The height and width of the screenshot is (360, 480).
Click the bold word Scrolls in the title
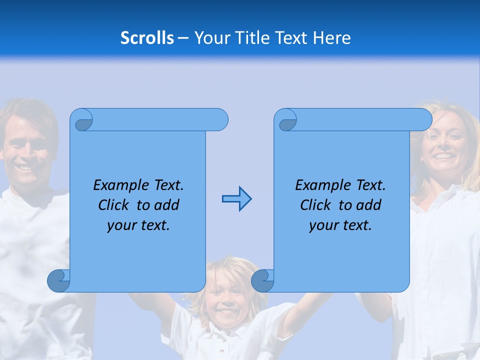click(x=147, y=38)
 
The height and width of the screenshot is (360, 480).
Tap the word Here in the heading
click(x=331, y=38)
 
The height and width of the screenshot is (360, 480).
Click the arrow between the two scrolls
click(x=236, y=198)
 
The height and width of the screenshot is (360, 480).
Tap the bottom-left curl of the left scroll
click(x=59, y=281)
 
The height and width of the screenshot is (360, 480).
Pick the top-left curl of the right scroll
click(x=287, y=121)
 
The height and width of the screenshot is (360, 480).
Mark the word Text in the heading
click(x=291, y=38)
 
